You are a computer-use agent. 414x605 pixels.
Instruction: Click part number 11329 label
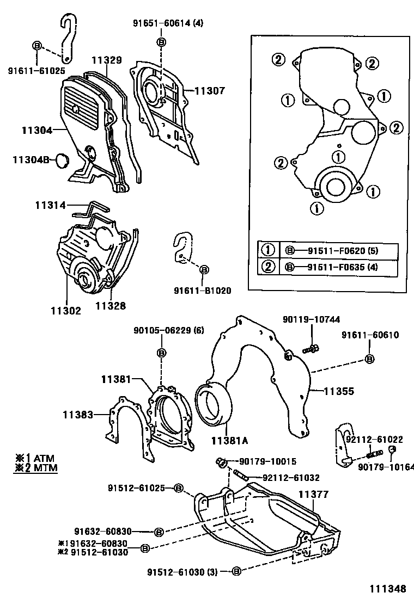pos(107,60)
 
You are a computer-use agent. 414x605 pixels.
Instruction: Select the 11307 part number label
pos(210,91)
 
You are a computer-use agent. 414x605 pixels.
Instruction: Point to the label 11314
pos(51,206)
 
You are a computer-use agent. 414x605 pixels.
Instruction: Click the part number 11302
pos(66,311)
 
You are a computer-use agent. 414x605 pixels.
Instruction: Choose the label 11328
pos(111,306)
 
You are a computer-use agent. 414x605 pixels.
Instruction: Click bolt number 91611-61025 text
pos(36,70)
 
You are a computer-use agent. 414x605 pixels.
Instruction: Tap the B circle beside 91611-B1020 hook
pos(204,269)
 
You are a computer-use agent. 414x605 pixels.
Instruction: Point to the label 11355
pos(339,391)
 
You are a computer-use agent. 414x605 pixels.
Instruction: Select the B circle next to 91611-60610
pos(369,359)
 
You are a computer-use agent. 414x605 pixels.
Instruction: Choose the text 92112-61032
pos(291,478)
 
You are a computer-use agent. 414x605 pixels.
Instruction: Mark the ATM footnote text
pos(39,458)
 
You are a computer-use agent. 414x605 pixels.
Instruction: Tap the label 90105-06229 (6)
pos(161,330)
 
